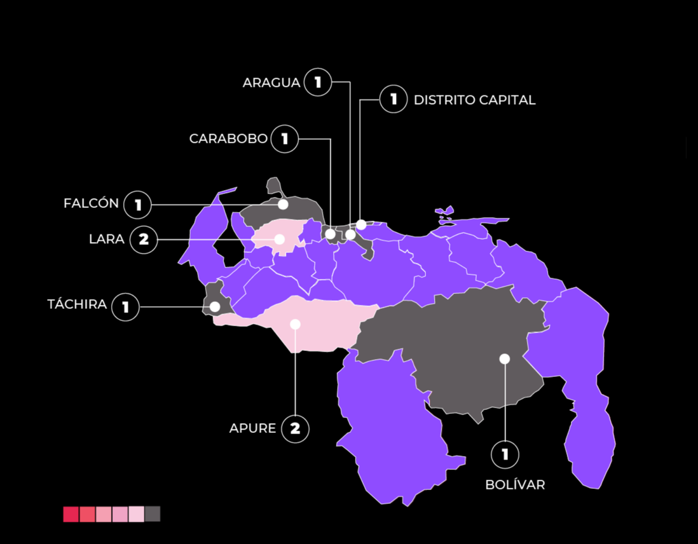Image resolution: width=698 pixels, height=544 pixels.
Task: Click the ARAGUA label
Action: [271, 83]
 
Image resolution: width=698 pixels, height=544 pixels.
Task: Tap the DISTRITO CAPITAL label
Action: [474, 99]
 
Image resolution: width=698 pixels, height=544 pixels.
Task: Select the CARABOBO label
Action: [228, 138]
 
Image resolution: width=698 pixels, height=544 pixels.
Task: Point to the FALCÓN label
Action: [91, 204]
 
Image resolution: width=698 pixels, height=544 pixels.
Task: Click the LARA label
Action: [106, 239]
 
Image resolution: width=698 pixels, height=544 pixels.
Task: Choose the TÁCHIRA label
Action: [77, 304]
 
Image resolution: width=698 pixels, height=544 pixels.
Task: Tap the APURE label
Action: [252, 429]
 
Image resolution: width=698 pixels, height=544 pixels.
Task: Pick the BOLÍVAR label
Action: [515, 485]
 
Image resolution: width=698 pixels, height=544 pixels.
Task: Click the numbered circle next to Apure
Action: [295, 429]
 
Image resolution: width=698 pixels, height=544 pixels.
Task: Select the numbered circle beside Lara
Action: [143, 240]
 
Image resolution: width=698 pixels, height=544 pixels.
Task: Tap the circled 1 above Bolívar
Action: [505, 454]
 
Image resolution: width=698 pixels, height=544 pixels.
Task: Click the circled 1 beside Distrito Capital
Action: [394, 99]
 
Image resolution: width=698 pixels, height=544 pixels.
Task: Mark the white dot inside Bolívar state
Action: [504, 359]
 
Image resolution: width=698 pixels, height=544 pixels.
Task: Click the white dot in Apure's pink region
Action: [295, 324]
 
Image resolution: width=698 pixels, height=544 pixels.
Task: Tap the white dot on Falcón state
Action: [283, 204]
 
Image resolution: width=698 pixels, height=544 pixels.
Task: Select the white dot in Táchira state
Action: [215, 306]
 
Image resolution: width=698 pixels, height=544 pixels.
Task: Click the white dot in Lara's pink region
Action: [279, 239]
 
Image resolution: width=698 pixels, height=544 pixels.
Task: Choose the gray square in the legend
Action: [152, 514]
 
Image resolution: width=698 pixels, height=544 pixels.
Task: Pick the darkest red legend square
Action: [71, 514]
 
